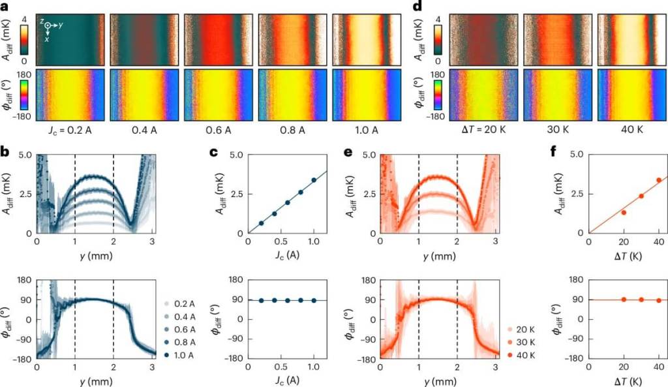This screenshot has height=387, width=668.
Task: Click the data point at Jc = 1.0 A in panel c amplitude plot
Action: pos(314,180)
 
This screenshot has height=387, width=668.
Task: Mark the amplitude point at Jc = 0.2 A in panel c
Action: pos(262,223)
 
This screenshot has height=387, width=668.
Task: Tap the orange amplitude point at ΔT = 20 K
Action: pos(624,212)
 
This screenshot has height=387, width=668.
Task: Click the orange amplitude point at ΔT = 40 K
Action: pos(658,180)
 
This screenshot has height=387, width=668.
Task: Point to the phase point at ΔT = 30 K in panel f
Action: pos(641,300)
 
